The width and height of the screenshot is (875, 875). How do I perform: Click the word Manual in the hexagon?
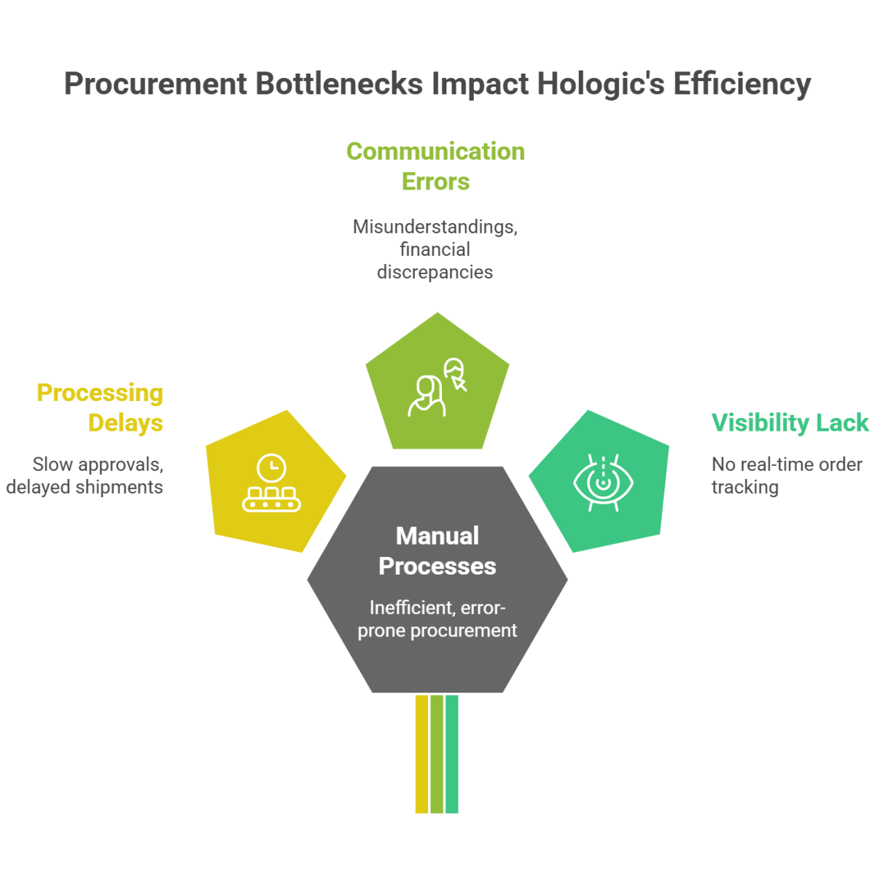coord(437,536)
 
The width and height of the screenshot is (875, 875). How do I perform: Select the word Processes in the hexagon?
coord(437,566)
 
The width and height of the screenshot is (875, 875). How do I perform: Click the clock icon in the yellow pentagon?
coord(271,467)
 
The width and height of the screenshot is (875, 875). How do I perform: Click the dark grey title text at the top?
coord(437,92)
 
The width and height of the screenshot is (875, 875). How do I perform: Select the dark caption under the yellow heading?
coord(84,478)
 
